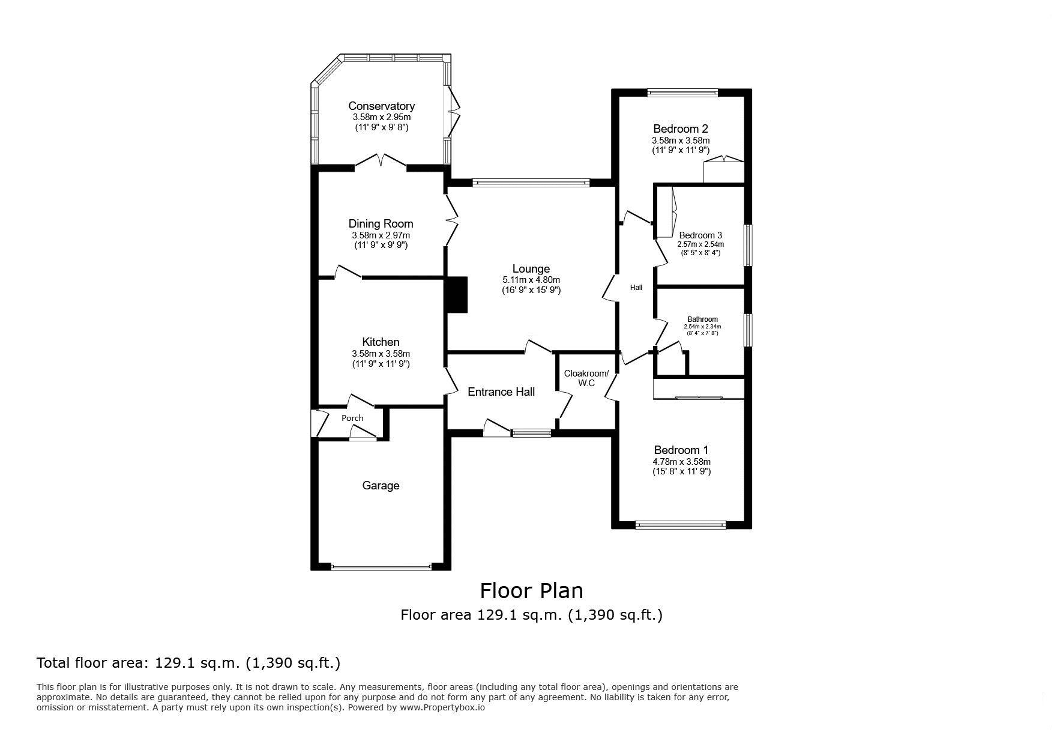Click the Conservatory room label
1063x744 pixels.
tap(381, 106)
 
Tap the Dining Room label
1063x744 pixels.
tap(381, 225)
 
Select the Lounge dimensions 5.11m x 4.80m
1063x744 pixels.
tap(531, 280)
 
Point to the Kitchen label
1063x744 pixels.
tap(381, 342)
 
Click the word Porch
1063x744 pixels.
tap(352, 418)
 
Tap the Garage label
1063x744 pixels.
tap(381, 485)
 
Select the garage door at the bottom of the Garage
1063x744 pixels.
tap(381, 566)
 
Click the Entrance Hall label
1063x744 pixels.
tap(501, 392)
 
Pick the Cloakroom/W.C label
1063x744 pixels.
tap(586, 378)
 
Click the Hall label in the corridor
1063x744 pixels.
tap(636, 288)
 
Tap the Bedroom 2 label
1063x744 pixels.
tap(681, 129)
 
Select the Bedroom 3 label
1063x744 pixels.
tap(700, 235)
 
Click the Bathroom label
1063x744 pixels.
tap(702, 319)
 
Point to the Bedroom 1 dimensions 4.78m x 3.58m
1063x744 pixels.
tap(681, 462)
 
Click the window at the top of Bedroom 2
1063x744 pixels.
tap(682, 92)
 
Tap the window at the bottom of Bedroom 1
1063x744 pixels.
tap(681, 525)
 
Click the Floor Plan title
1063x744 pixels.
tap(531, 591)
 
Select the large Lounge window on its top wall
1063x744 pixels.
tap(531, 183)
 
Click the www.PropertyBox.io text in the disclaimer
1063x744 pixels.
tap(442, 707)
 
